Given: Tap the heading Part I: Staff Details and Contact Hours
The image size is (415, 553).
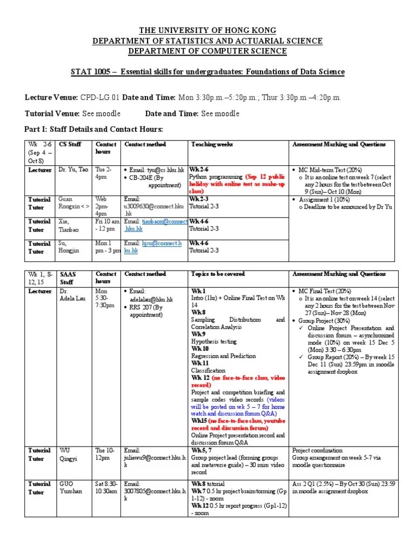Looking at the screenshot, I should (93, 129).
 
